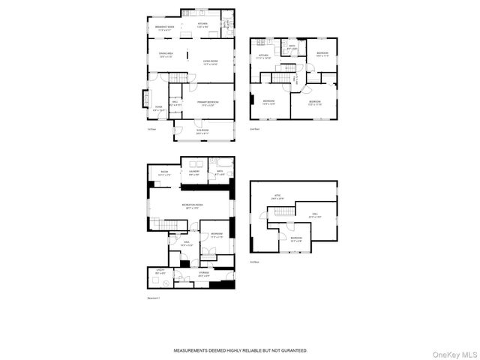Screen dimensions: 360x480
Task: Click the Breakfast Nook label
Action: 165,28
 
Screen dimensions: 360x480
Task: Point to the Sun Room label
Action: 203,132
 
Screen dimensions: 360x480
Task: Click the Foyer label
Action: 159,107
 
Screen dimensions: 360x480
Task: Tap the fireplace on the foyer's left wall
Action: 145,100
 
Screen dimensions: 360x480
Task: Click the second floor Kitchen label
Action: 264,55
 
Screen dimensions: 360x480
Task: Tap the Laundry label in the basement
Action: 194,172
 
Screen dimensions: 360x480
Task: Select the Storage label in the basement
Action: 203,274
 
